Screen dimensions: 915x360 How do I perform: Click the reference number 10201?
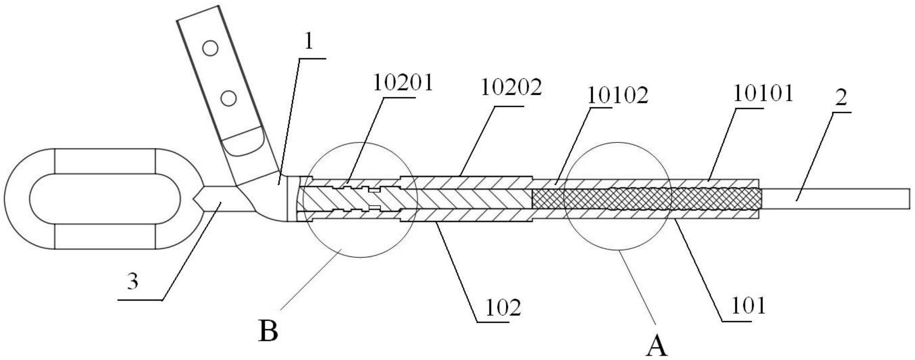pos(403,83)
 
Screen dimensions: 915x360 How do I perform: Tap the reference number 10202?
pos(511,88)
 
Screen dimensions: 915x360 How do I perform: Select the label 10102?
pos(617,96)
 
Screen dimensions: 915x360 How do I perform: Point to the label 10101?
pos(763,93)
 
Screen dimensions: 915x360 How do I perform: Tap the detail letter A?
pos(656,347)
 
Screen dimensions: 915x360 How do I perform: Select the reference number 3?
pos(133,282)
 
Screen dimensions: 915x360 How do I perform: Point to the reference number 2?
pos(841,99)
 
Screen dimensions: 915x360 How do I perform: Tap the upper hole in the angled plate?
pos(210,48)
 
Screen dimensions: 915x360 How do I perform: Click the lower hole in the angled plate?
pos(228,98)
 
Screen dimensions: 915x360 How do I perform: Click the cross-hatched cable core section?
pos(646,199)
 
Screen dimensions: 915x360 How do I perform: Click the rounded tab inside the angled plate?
pos(244,141)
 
